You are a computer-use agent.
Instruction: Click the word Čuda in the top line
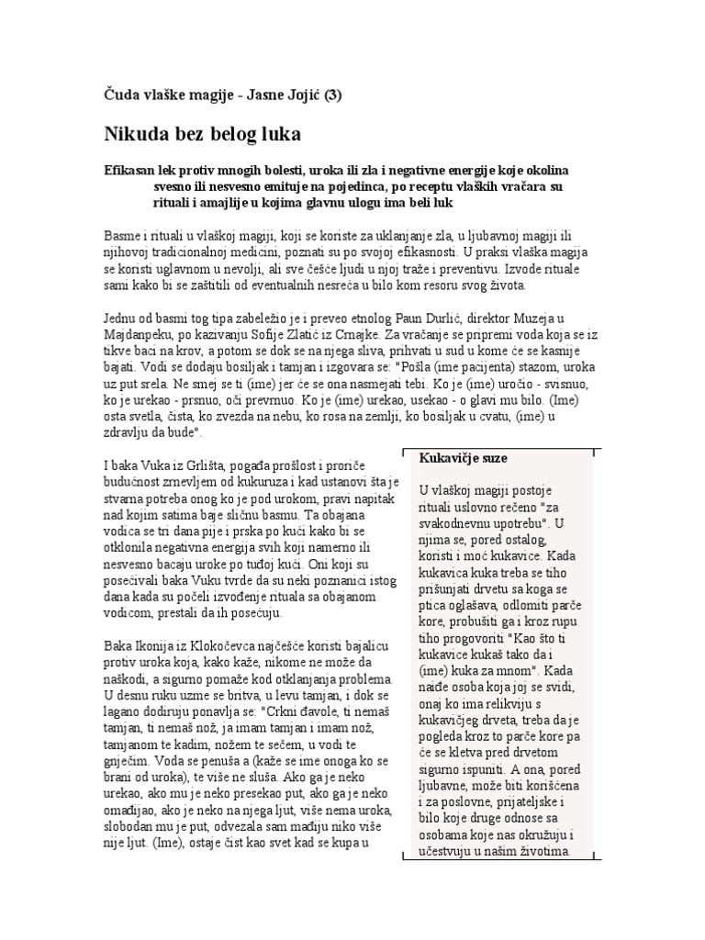pos(116,94)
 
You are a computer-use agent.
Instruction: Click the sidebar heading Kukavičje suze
pos(464,458)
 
